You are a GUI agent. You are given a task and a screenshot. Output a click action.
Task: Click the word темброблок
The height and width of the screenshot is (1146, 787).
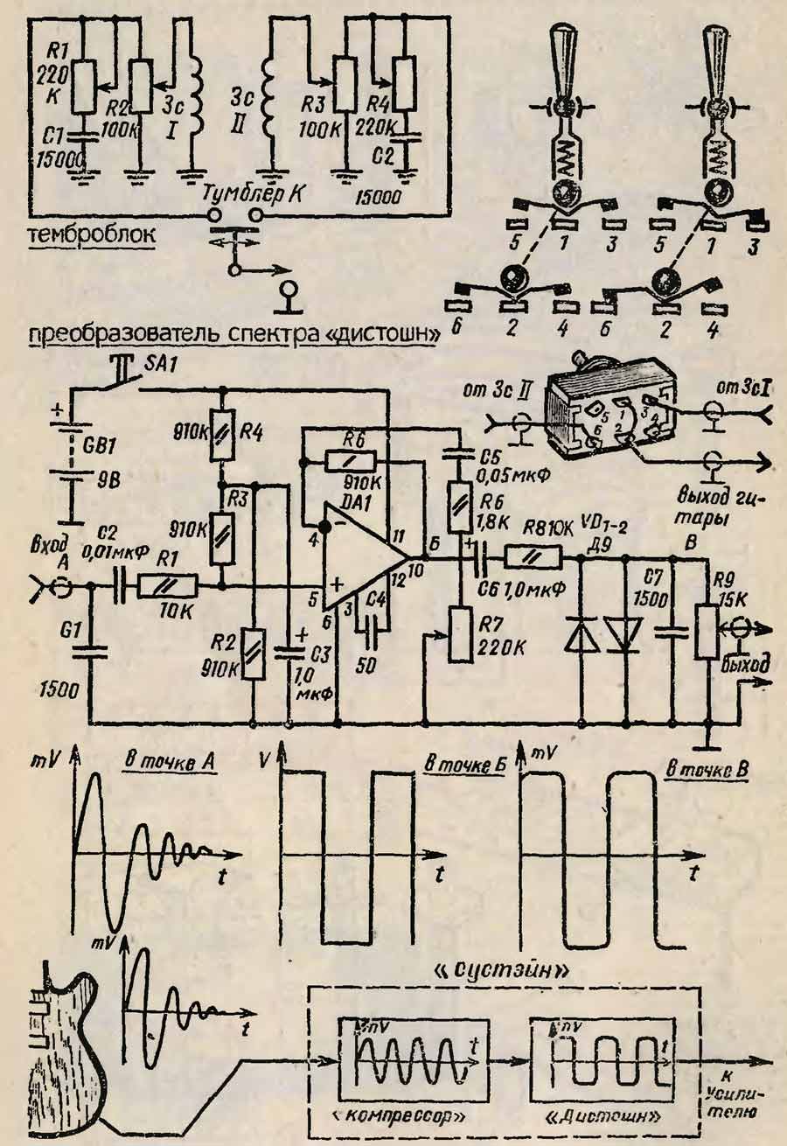pyautogui.click(x=93, y=235)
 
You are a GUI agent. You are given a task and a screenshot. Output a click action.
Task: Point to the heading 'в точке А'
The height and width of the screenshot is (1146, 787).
pyautogui.click(x=167, y=764)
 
